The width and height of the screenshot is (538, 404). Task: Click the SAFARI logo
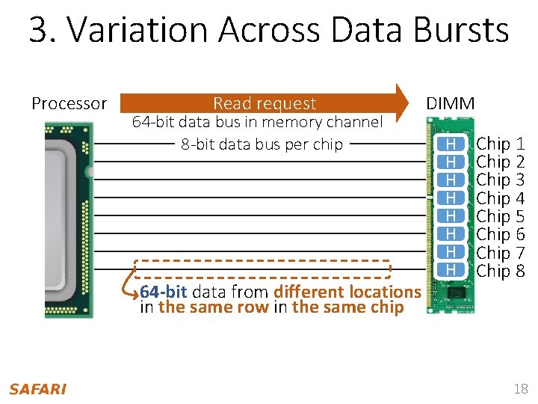(37, 388)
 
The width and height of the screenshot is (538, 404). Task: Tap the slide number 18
(520, 388)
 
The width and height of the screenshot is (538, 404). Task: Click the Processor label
(69, 103)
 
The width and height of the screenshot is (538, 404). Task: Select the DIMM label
(450, 103)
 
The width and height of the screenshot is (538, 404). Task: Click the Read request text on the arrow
(265, 103)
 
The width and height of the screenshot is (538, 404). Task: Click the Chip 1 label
(500, 143)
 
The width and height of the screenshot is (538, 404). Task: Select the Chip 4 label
(500, 198)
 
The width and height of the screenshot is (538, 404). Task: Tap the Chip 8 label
(500, 271)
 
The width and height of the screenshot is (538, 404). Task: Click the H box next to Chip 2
(451, 162)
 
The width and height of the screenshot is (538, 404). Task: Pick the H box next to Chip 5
(451, 216)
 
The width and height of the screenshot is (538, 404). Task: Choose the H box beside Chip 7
(451, 253)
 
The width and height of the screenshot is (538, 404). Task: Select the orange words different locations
(347, 292)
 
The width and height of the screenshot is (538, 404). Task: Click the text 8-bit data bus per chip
(262, 144)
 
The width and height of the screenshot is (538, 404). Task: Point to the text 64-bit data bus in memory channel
(257, 122)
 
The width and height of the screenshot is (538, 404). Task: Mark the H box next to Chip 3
(451, 180)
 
